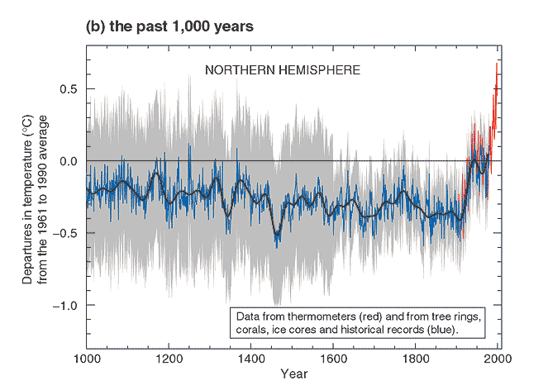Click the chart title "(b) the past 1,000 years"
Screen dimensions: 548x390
click(169, 26)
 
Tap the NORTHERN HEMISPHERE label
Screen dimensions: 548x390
click(283, 70)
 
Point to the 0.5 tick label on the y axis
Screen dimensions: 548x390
click(68, 89)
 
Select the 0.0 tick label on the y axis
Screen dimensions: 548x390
click(68, 161)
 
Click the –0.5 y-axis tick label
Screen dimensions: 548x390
click(64, 233)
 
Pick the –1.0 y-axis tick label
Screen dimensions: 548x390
click(64, 306)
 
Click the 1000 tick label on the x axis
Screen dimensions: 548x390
click(88, 359)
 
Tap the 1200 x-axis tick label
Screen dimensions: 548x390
click(169, 359)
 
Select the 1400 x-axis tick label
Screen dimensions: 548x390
click(251, 359)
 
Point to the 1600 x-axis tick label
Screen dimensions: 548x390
click(333, 359)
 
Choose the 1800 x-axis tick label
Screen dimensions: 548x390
click(415, 359)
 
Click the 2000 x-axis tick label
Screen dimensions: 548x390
click(498, 359)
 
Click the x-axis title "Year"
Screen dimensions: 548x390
click(294, 374)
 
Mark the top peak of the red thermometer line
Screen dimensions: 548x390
click(496, 64)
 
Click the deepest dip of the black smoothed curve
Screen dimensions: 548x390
click(277, 235)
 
